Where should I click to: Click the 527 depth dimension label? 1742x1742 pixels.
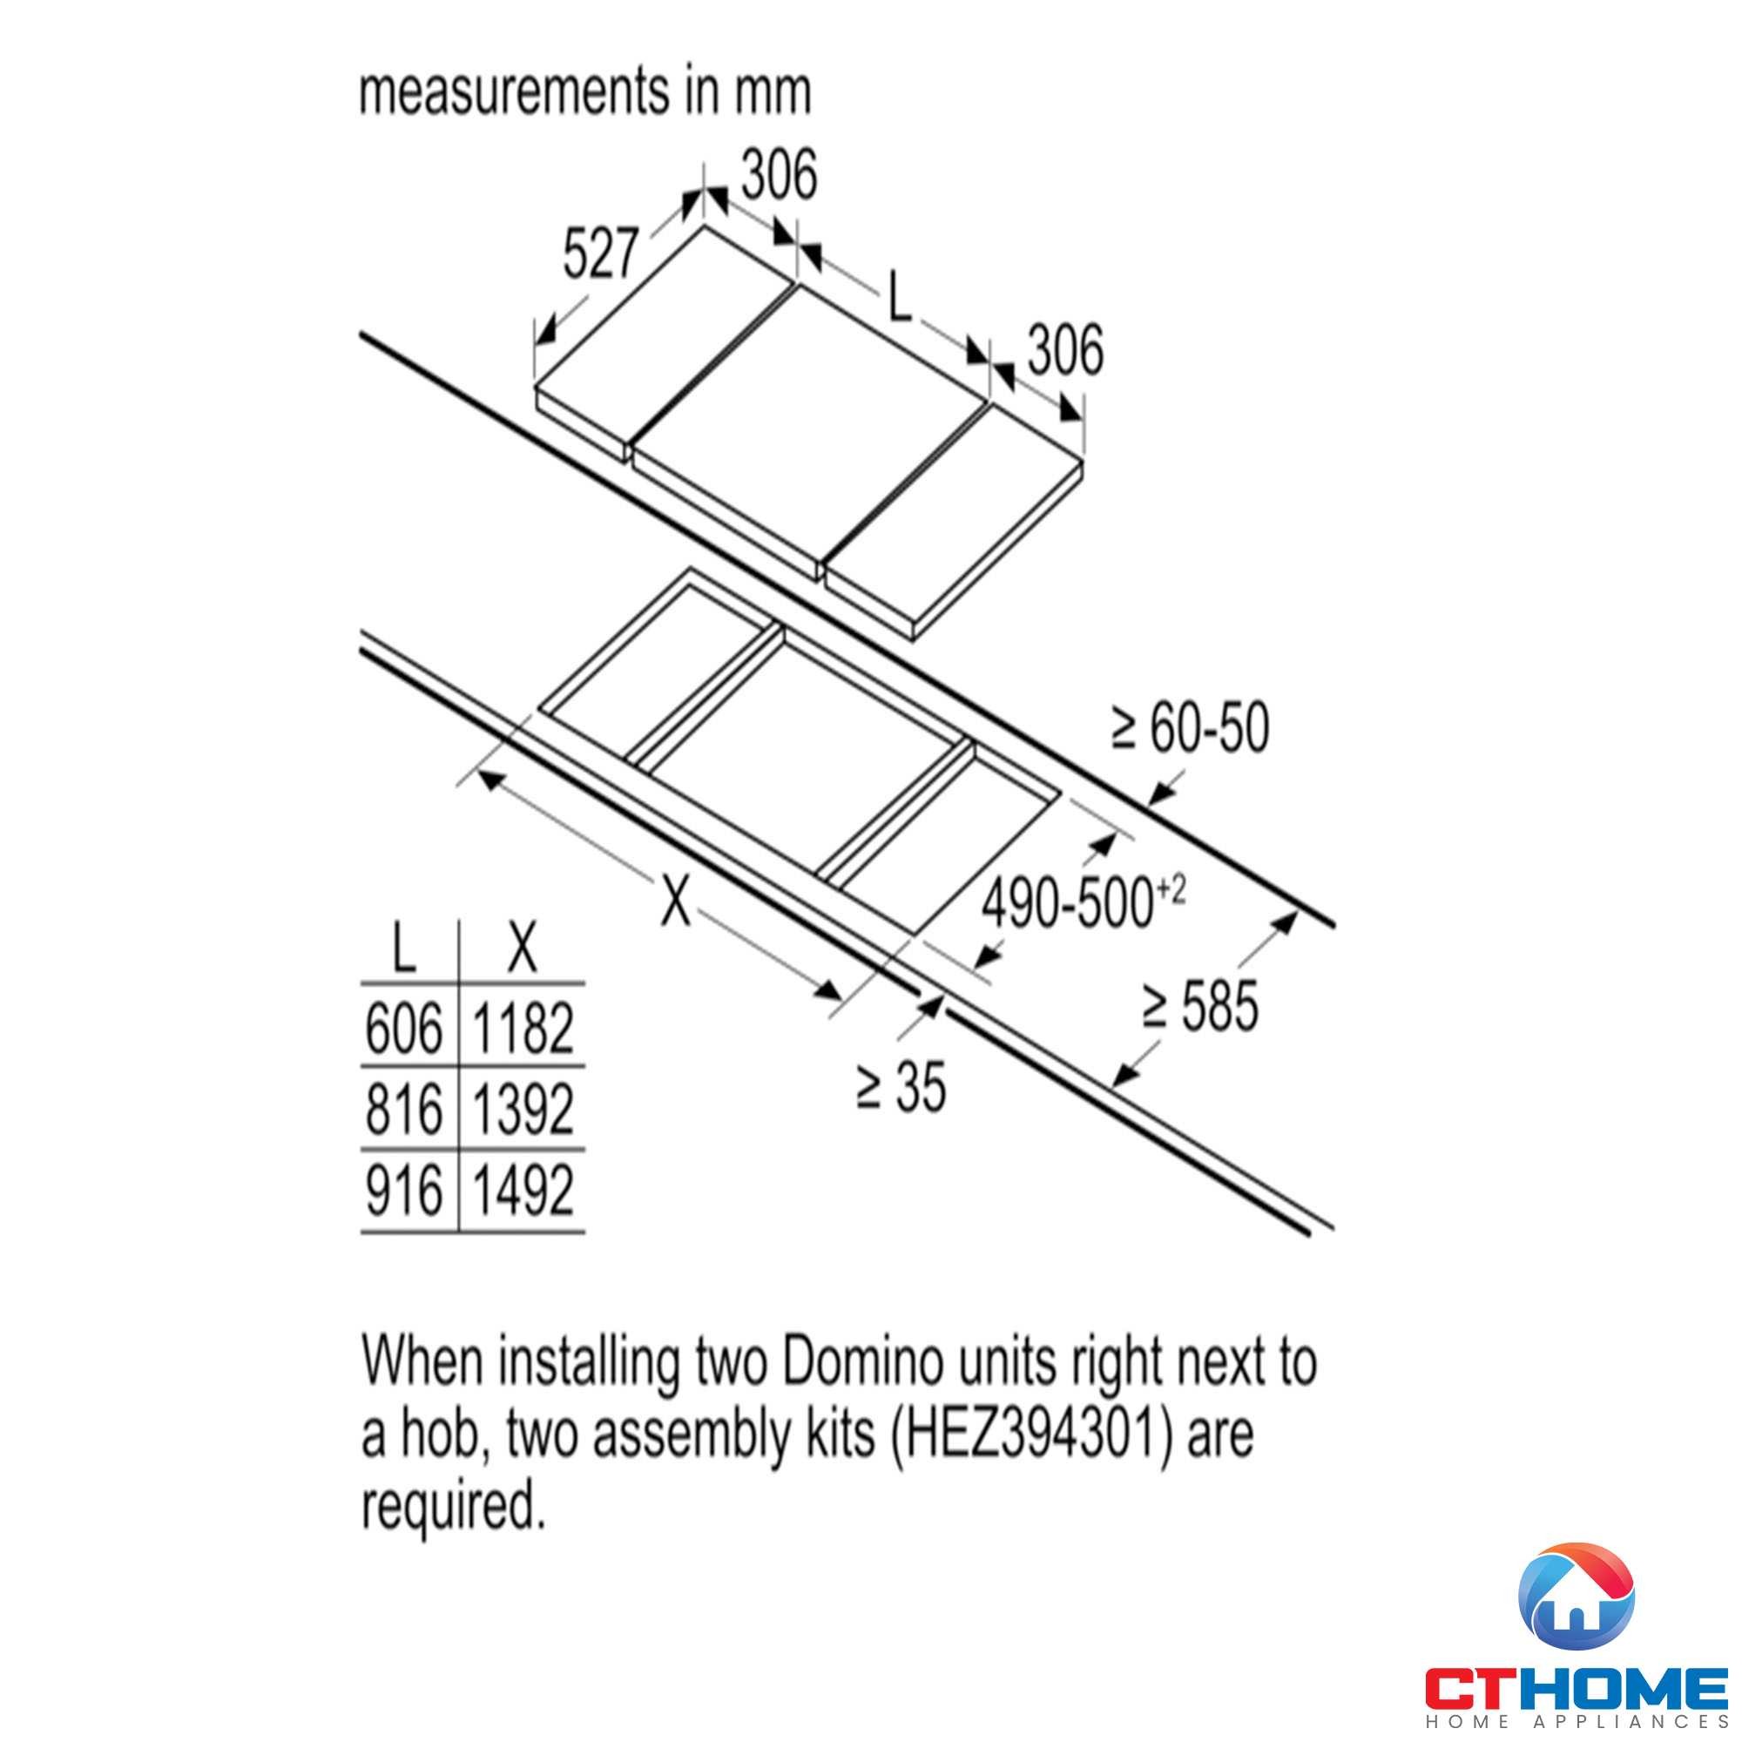(x=600, y=253)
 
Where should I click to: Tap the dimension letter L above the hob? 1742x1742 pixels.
(x=900, y=295)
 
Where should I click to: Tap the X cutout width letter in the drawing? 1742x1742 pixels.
(x=675, y=900)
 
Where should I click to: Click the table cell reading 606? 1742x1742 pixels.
(x=404, y=1028)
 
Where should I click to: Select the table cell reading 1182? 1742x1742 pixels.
(x=523, y=1028)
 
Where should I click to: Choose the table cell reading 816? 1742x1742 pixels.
(x=404, y=1109)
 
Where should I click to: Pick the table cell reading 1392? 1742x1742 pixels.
(x=523, y=1109)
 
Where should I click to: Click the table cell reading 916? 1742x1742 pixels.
(x=404, y=1190)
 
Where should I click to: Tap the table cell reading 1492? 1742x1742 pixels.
(x=523, y=1190)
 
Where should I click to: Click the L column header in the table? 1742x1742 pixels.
(x=404, y=947)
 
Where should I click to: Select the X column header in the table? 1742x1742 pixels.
(x=523, y=947)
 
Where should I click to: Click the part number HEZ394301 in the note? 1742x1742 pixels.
(x=1030, y=1434)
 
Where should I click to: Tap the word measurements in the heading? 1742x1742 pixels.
(x=515, y=92)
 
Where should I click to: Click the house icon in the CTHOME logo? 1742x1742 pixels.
(x=1577, y=1596)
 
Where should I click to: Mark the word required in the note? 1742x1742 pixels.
(x=454, y=1508)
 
